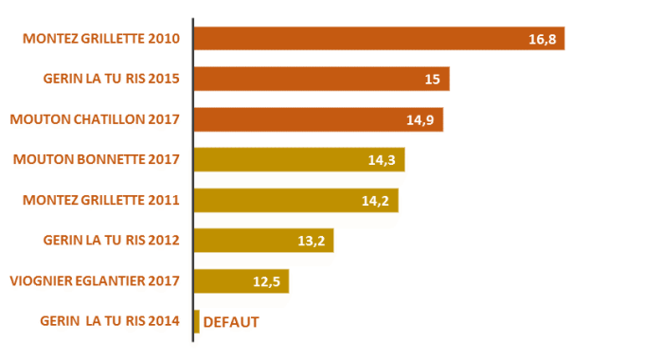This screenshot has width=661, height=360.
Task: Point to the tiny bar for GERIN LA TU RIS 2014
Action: coord(196,322)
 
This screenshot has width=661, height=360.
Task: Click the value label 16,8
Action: coord(542,39)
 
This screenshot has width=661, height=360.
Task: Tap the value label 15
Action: coord(432,80)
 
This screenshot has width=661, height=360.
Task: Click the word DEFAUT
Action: coord(231,322)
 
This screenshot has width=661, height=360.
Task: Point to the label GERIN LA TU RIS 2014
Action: coord(113,322)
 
